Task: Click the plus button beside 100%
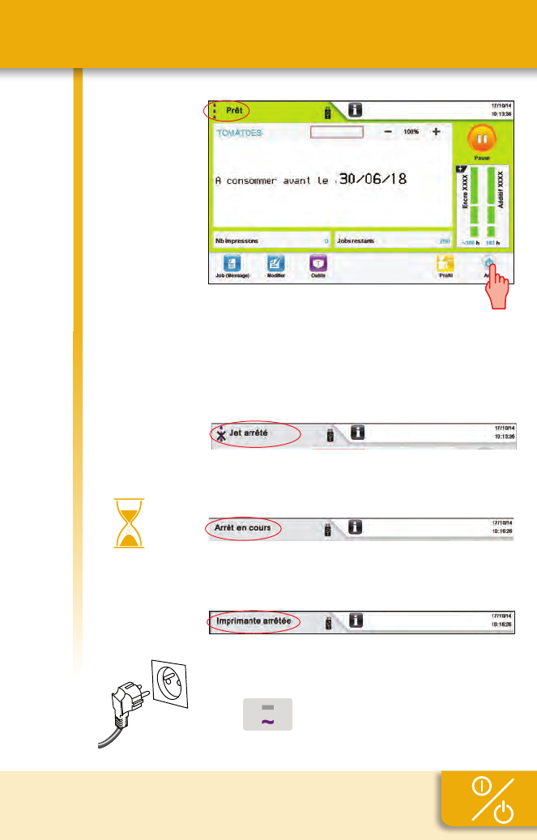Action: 437,131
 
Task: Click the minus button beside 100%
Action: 389,131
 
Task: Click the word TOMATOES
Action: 239,133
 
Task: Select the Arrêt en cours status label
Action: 242,528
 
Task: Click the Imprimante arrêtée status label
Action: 253,622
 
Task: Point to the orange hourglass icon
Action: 125,523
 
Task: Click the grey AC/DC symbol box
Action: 267,714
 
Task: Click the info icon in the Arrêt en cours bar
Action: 356,527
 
